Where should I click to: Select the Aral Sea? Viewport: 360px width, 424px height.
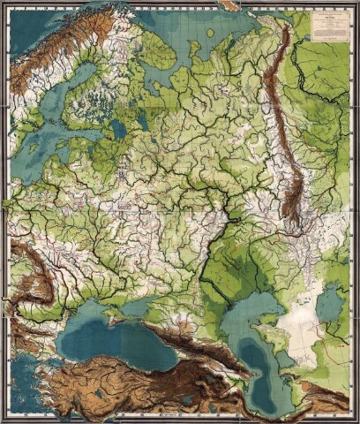pos(330,306)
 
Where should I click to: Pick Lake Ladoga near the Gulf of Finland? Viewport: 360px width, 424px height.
pos(117,129)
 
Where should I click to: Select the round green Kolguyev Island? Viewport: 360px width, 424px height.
pos(209,34)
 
